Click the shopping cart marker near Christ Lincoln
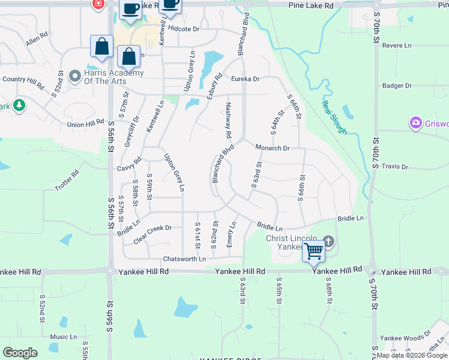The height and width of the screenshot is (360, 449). click(x=313, y=251)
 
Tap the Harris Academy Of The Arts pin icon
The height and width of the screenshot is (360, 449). click(x=75, y=76)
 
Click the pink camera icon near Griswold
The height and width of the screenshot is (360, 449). click(x=415, y=124)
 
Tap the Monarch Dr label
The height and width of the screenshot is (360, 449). click(x=273, y=148)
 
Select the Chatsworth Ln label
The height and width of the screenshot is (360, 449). click(x=184, y=259)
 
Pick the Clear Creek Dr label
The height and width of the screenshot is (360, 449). click(x=152, y=228)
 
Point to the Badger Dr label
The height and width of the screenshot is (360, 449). click(x=397, y=86)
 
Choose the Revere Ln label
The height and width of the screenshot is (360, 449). click(x=397, y=46)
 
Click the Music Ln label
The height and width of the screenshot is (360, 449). click(x=64, y=337)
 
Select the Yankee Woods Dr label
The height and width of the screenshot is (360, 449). click(x=405, y=338)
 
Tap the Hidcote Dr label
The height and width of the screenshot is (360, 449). click(x=184, y=28)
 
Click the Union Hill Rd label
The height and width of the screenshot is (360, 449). click(x=86, y=124)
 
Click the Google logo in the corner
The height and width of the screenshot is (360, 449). click(x=20, y=353)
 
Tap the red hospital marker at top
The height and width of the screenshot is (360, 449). click(x=98, y=4)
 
